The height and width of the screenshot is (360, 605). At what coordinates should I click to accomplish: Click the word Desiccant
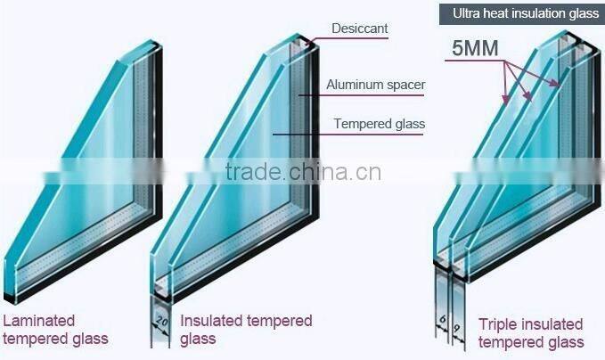tap(359, 29)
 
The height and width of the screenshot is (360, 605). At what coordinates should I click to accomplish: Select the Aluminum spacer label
tap(375, 86)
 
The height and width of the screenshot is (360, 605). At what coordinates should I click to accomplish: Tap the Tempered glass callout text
tap(379, 124)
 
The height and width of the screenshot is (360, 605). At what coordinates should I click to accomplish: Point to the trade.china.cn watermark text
tap(304, 171)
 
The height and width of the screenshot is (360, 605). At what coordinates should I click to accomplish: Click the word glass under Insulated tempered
tap(198, 339)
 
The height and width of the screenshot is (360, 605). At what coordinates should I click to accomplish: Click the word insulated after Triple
tap(550, 323)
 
